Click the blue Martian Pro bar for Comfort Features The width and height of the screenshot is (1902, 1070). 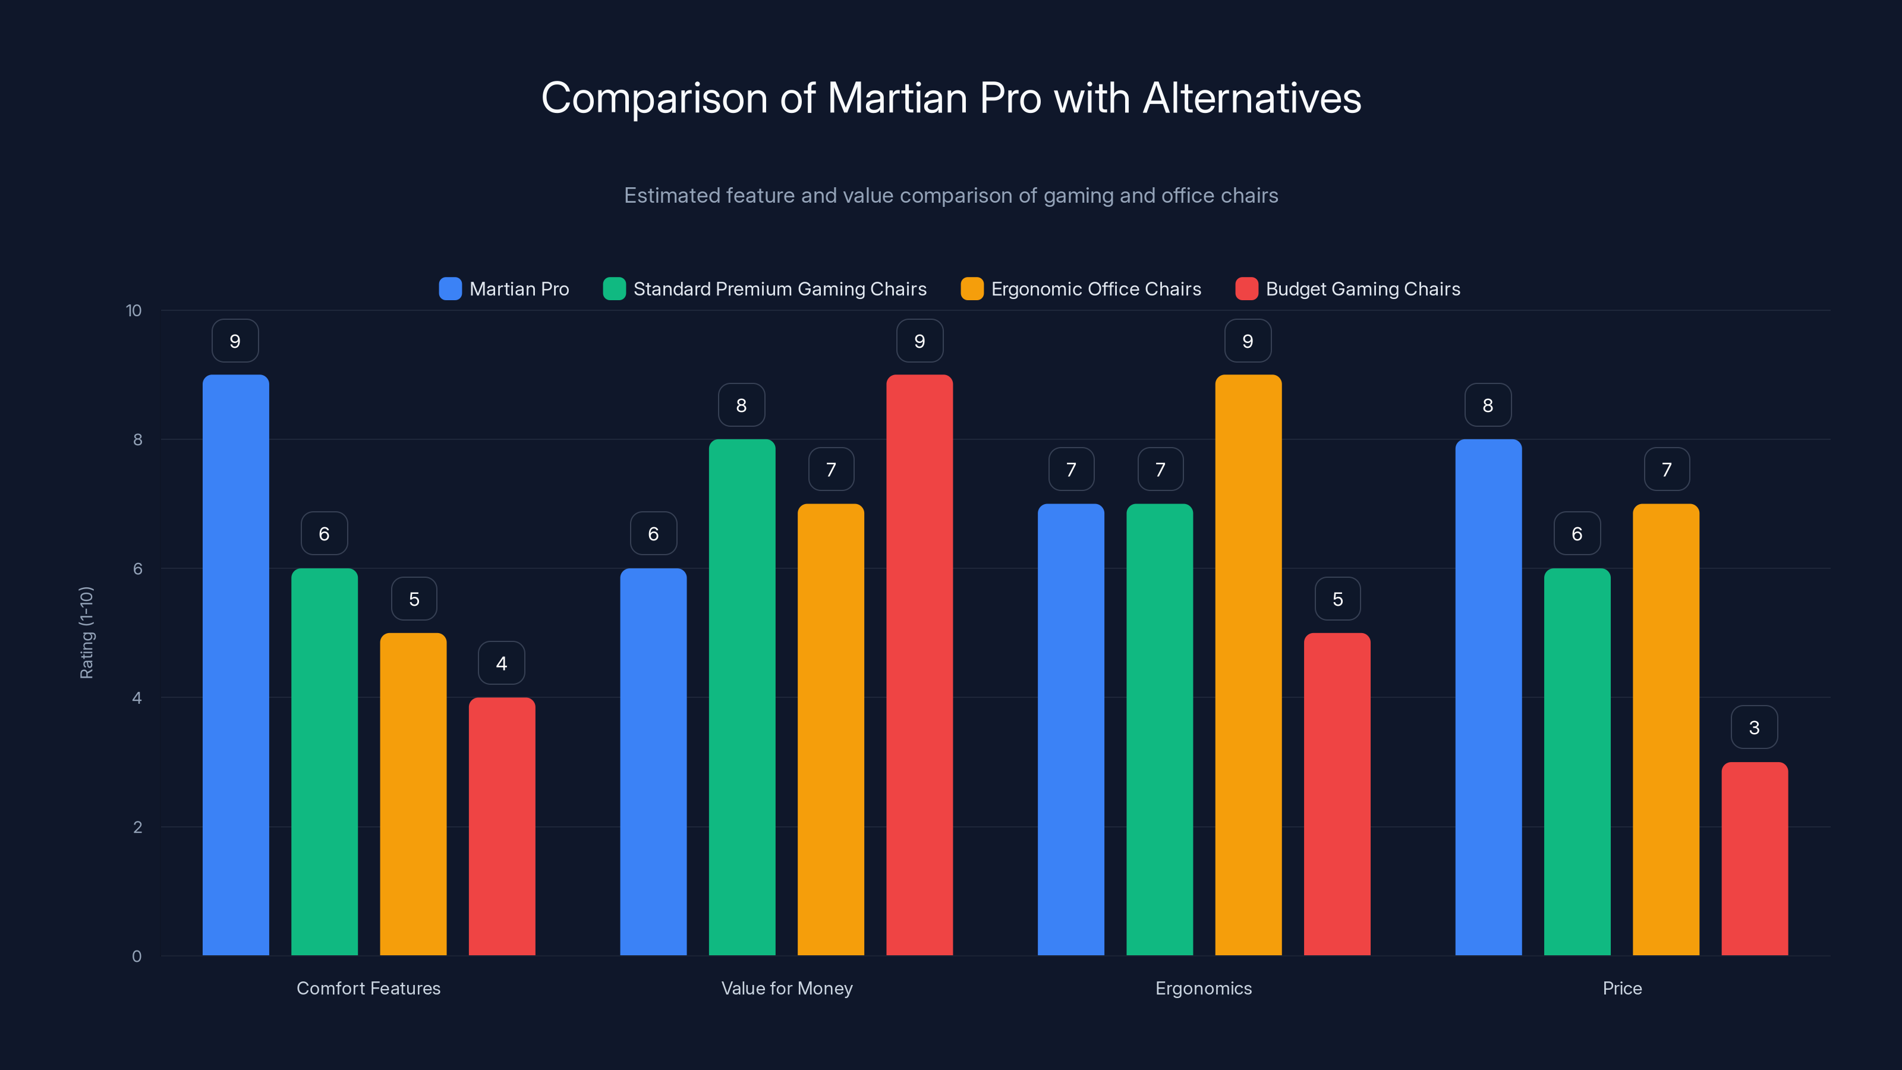(x=235, y=665)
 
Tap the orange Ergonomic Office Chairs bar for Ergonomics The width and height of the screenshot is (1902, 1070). (x=1248, y=665)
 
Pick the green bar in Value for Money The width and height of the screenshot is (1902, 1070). (x=741, y=697)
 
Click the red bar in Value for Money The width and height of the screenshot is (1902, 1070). (x=919, y=665)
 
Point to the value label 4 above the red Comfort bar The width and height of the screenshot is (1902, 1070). (x=501, y=663)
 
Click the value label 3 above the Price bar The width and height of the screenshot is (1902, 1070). (x=1755, y=728)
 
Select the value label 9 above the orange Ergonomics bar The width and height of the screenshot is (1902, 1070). (x=1248, y=341)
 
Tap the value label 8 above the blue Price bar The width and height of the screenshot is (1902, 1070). (x=1488, y=405)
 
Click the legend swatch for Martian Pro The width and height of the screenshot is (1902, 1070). (x=451, y=289)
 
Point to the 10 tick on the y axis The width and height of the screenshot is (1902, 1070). (x=134, y=310)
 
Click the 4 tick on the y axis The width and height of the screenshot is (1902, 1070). (x=137, y=698)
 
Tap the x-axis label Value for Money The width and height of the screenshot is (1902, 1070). (x=786, y=988)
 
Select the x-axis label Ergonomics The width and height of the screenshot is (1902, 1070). (x=1204, y=988)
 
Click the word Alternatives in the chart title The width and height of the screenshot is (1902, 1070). (x=1252, y=97)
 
